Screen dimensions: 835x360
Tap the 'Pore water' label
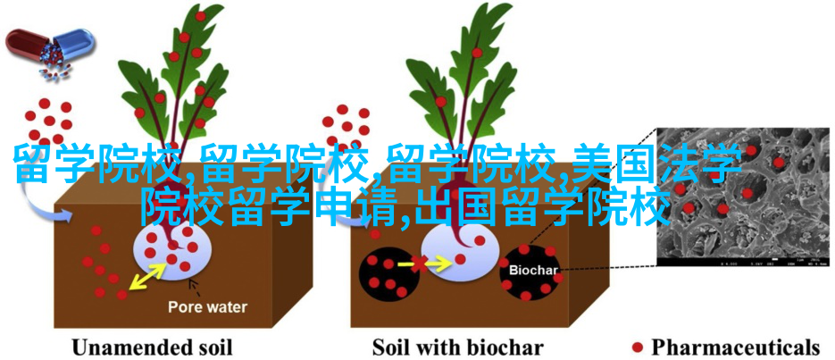tap(208, 306)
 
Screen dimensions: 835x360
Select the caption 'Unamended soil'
tap(152, 347)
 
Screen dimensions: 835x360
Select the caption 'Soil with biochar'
tap(458, 347)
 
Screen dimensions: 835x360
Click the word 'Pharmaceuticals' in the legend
tap(735, 347)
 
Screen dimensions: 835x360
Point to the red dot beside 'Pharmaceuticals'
tap(637, 347)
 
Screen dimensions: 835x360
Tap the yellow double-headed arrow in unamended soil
tap(147, 278)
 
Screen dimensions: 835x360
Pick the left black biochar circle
tap(386, 272)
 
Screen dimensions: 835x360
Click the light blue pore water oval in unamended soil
tap(173, 250)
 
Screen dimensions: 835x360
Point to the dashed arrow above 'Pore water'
tap(195, 289)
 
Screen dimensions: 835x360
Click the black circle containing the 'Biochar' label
tap(529, 273)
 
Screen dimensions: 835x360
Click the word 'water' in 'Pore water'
tap(228, 306)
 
